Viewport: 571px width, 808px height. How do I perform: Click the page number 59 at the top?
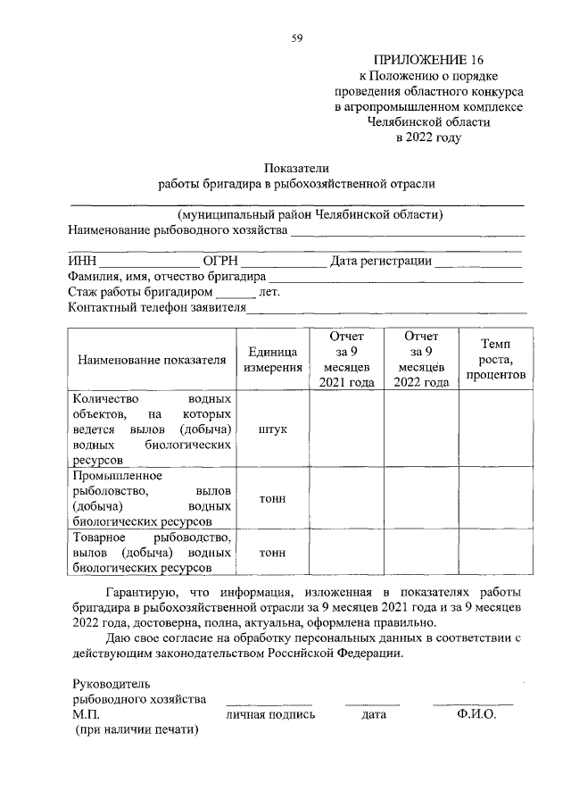click(x=297, y=37)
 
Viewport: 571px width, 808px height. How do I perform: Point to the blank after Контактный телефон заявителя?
click(x=385, y=309)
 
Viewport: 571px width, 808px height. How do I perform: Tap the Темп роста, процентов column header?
click(x=495, y=359)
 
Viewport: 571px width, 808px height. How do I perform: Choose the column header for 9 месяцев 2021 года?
click(x=347, y=359)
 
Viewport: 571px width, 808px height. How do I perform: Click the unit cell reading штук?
click(x=273, y=429)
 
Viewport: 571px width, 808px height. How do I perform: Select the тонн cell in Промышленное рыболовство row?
click(x=273, y=498)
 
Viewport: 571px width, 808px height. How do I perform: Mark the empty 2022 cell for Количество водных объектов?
click(x=421, y=429)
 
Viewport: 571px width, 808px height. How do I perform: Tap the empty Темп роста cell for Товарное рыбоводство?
click(x=495, y=552)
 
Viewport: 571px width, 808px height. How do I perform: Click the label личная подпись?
click(x=270, y=715)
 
